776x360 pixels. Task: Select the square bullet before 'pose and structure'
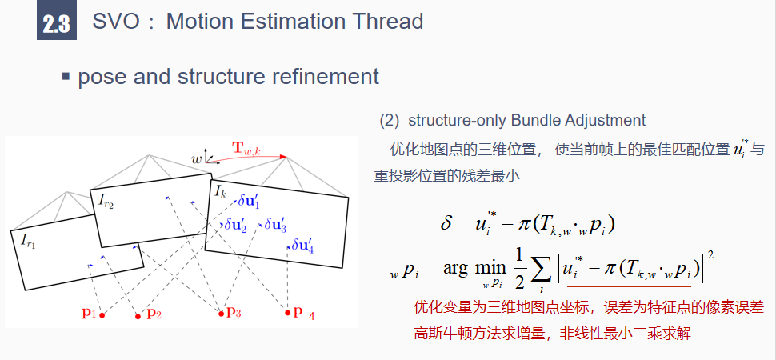(66, 77)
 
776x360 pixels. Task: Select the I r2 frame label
(106, 200)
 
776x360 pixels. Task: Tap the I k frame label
(221, 192)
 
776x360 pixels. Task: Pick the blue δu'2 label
(235, 226)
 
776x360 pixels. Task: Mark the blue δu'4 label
(302, 246)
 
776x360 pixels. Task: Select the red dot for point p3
(221, 313)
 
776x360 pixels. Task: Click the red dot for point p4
(288, 313)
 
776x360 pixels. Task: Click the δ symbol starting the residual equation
(446, 222)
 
